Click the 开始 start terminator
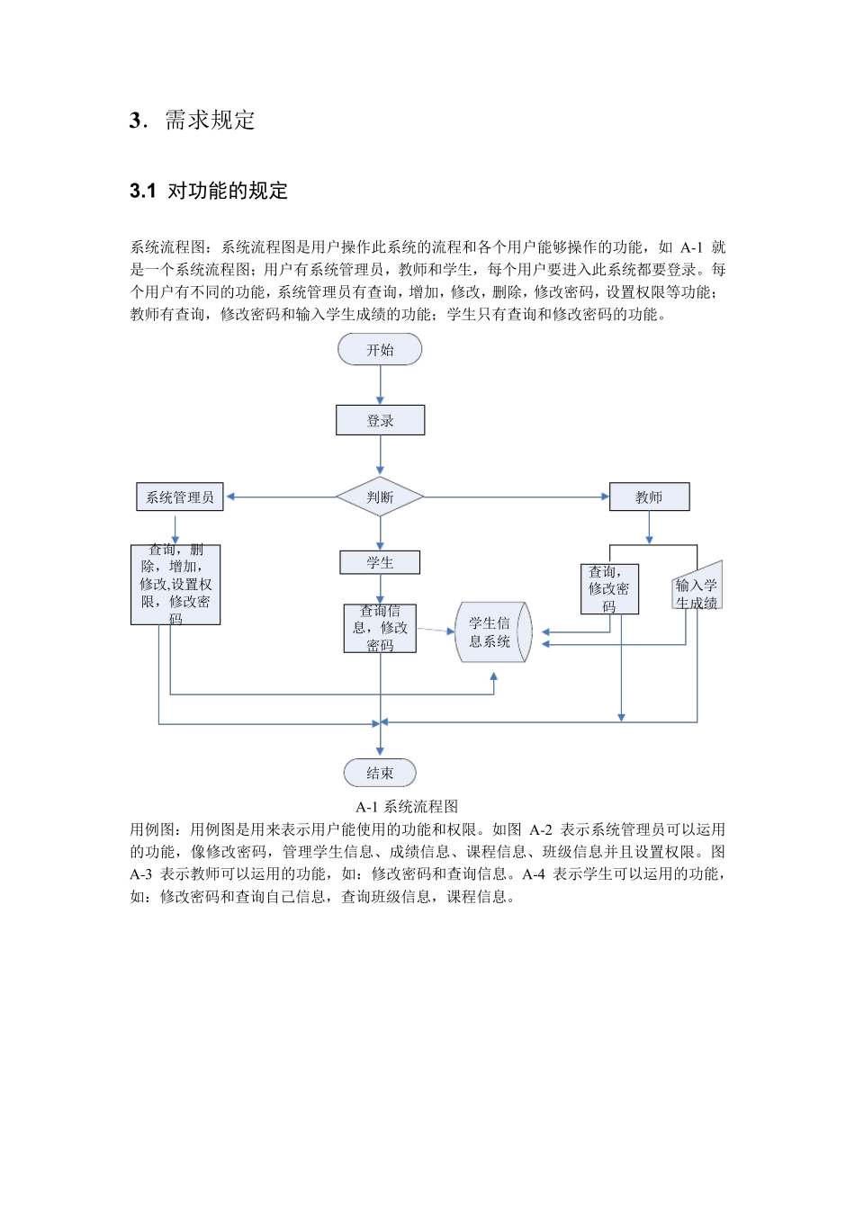coord(380,349)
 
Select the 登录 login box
coord(380,420)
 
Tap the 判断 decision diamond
coord(380,497)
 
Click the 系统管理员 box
coord(180,497)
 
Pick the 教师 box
coord(649,497)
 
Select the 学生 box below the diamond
coord(380,562)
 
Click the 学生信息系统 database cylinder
coord(493,631)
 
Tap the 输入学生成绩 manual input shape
coord(697,589)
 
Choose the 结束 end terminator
coord(380,773)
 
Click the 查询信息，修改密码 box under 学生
coord(380,628)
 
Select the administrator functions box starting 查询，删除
coord(175,584)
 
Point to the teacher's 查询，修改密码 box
coord(609,588)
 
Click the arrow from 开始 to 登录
coord(380,385)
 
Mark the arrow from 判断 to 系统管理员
coord(281,497)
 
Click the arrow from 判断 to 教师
coord(517,497)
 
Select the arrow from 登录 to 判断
coord(380,455)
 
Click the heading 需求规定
coord(210,121)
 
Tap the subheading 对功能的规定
coord(228,191)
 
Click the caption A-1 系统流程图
coord(407,806)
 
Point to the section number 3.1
coord(142,191)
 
